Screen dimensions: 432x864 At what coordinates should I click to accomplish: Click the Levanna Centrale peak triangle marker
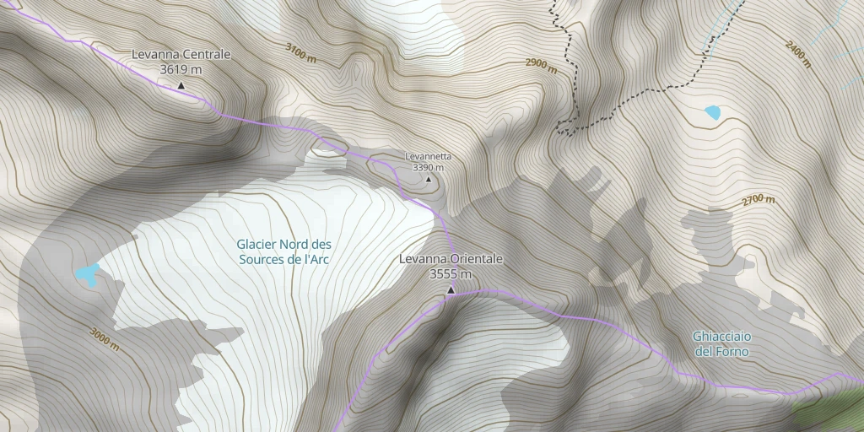pos(181,85)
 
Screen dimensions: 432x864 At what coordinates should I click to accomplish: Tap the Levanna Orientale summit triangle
pos(451,290)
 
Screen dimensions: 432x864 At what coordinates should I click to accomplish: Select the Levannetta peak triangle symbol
pos(429,179)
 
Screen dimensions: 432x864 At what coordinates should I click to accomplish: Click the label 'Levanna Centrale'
pos(181,55)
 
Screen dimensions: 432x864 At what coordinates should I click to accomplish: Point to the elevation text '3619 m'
pos(181,69)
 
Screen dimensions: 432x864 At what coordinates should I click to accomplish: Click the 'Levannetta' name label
pos(429,156)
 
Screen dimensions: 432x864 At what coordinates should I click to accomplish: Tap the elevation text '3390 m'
pos(429,167)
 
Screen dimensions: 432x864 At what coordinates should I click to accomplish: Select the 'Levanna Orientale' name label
pos(451,259)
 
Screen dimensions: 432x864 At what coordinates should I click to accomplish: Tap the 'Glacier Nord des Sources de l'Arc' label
pos(283,252)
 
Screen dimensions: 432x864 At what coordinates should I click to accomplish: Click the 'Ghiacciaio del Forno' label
pos(721,343)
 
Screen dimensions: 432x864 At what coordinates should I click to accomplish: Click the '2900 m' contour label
pos(541,65)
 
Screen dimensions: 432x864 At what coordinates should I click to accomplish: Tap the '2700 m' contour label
pos(759,199)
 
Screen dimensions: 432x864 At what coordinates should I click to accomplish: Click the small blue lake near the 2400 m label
pos(713,112)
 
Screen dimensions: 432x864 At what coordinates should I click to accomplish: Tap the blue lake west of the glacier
pos(87,273)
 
